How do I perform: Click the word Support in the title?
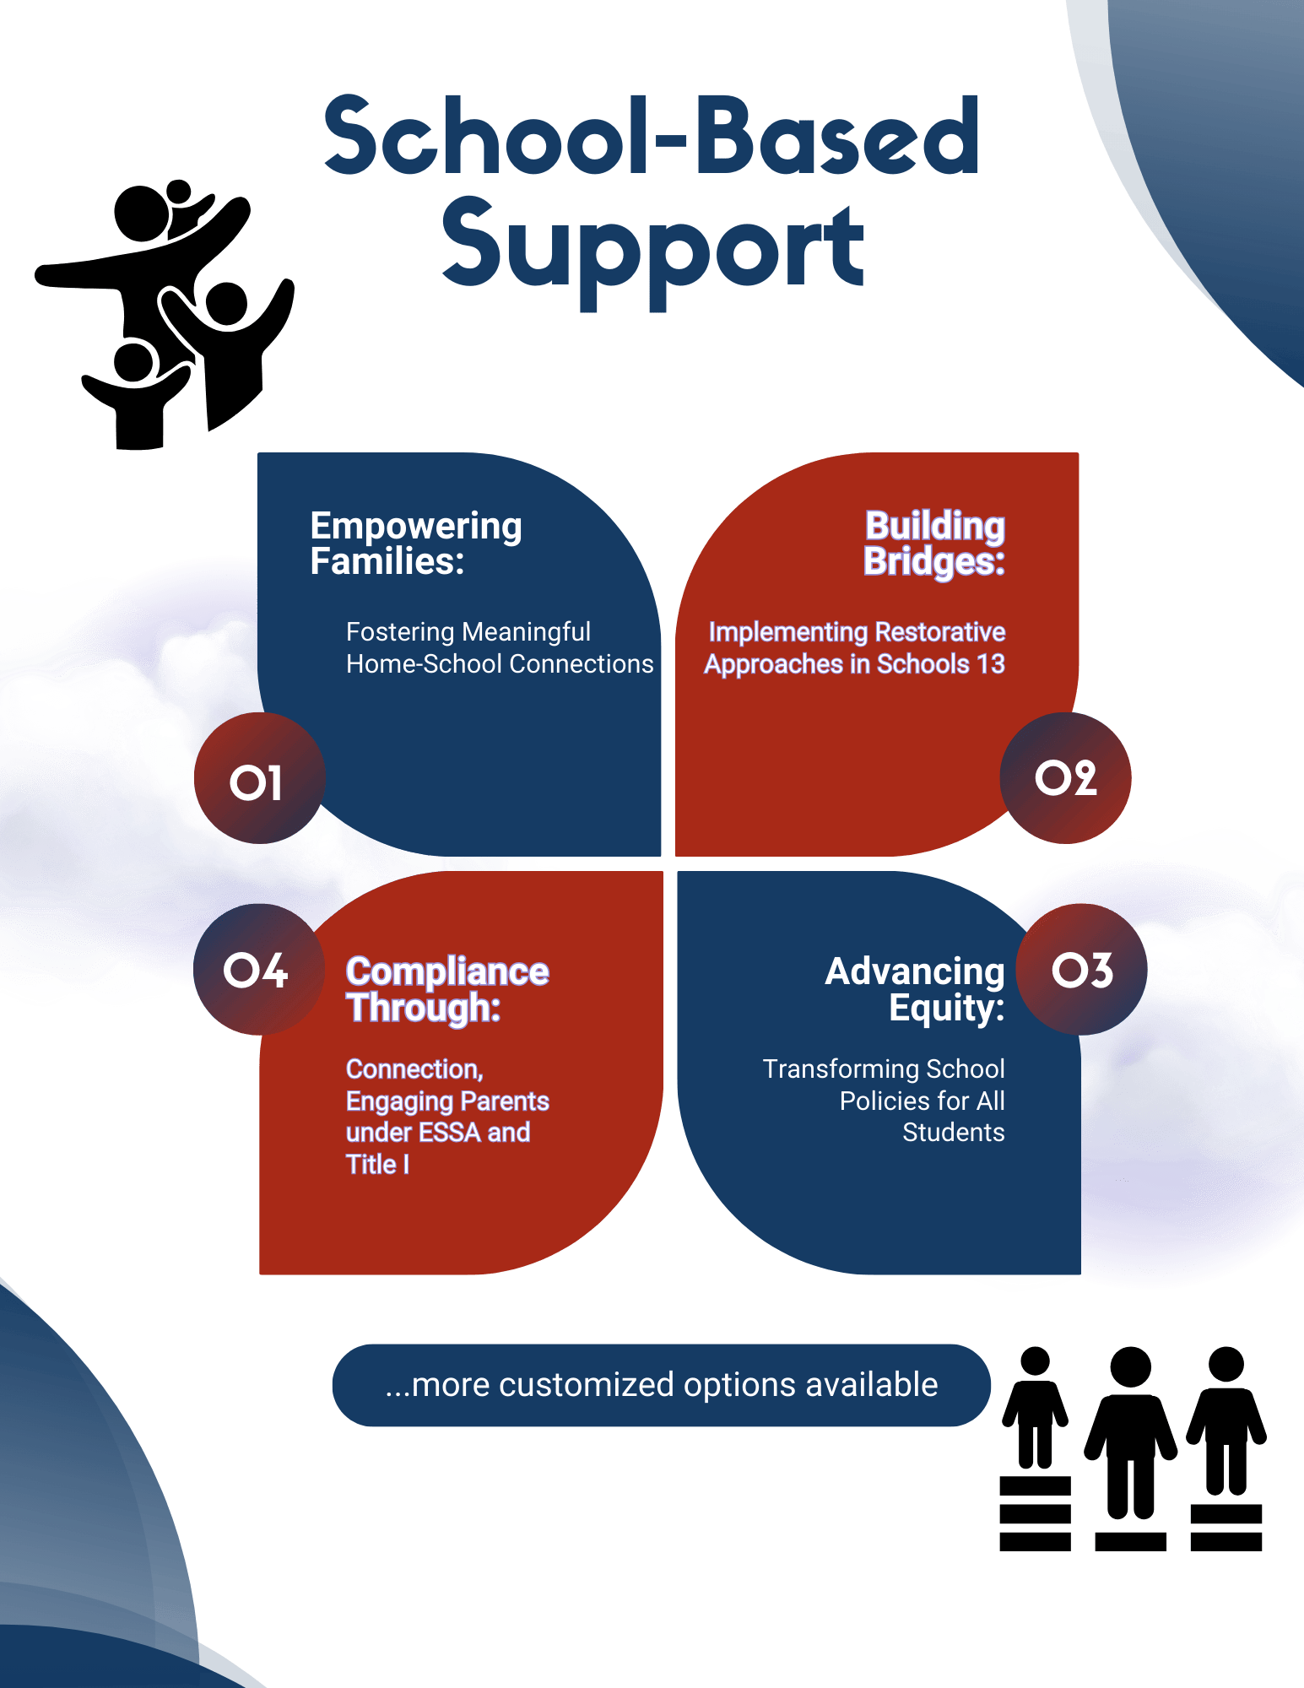click(x=652, y=249)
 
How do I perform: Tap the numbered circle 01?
click(x=259, y=779)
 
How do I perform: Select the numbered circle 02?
click(x=1065, y=778)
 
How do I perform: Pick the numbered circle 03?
click(x=1082, y=970)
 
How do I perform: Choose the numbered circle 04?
click(x=258, y=970)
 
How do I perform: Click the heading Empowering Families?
click(x=415, y=543)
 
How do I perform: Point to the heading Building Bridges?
click(x=934, y=543)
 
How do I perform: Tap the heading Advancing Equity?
click(x=915, y=988)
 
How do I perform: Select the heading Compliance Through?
click(x=447, y=988)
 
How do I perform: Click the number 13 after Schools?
click(x=991, y=664)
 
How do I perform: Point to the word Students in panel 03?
click(x=953, y=1133)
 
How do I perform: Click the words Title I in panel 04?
click(x=377, y=1165)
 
